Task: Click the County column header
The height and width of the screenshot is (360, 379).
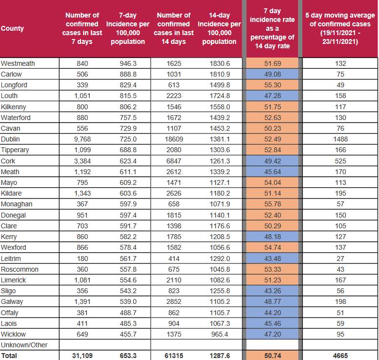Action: [12, 28]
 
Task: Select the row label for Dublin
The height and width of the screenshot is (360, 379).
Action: [10, 139]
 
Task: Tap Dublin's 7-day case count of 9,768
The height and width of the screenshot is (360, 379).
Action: [82, 139]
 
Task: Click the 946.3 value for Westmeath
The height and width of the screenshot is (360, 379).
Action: [128, 63]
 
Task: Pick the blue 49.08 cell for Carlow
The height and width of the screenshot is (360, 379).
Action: [272, 74]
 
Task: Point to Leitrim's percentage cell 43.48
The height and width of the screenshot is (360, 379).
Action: [272, 259]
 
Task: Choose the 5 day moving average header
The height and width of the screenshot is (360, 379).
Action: [340, 28]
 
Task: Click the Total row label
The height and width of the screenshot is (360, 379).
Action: [9, 356]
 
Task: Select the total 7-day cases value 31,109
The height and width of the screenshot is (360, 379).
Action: [82, 356]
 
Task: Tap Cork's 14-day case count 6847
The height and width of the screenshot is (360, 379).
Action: [174, 161]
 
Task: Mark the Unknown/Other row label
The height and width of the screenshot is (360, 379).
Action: [24, 345]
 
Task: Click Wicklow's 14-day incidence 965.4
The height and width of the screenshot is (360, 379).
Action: [219, 334]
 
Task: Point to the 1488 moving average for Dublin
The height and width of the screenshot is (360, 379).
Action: [340, 139]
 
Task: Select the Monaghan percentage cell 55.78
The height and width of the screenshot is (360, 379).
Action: [272, 204]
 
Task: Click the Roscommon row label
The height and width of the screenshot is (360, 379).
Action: [20, 269]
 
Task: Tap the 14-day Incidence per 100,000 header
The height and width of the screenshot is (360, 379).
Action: [219, 28]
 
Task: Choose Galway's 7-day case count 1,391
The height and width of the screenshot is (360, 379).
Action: [82, 301]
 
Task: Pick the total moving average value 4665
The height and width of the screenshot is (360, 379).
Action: [340, 356]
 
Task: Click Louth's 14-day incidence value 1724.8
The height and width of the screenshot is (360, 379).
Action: [219, 96]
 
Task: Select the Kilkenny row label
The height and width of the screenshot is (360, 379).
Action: [13, 107]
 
